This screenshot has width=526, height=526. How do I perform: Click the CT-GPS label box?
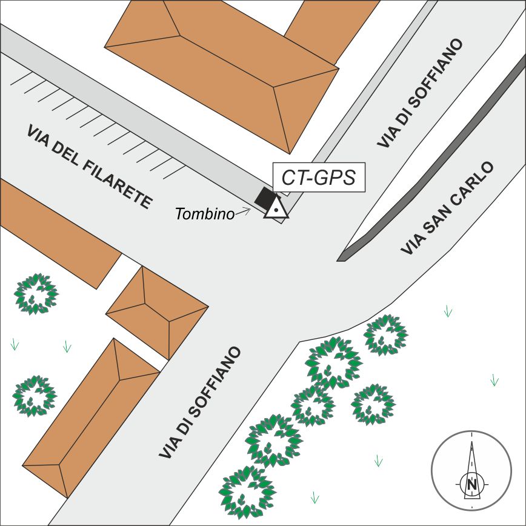[x=319, y=178]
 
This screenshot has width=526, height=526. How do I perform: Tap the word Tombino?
[x=205, y=214]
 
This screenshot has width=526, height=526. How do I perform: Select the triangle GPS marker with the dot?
[x=276, y=207]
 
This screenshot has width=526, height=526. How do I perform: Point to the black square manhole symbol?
[x=264, y=197]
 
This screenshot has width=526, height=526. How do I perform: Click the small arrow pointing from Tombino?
[x=244, y=211]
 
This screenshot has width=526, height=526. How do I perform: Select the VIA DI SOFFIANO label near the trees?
[x=200, y=402]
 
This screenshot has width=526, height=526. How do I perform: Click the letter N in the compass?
[x=471, y=484]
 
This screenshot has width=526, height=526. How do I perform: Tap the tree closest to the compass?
[x=373, y=404]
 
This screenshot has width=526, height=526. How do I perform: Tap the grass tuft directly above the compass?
[x=494, y=380]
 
